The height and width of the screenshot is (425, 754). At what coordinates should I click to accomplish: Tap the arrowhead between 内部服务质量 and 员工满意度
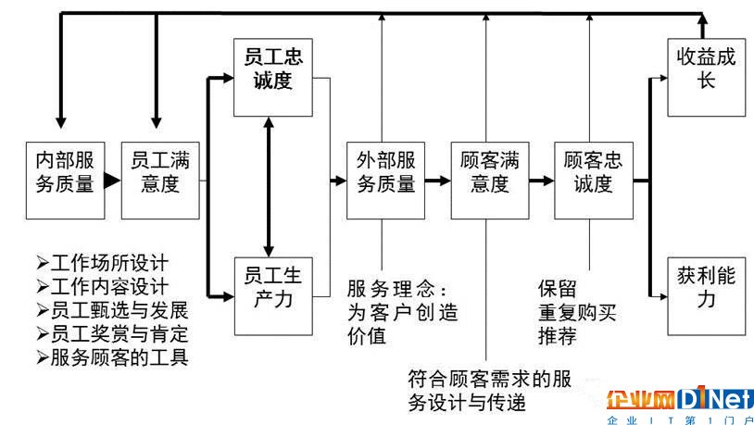point(112,181)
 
